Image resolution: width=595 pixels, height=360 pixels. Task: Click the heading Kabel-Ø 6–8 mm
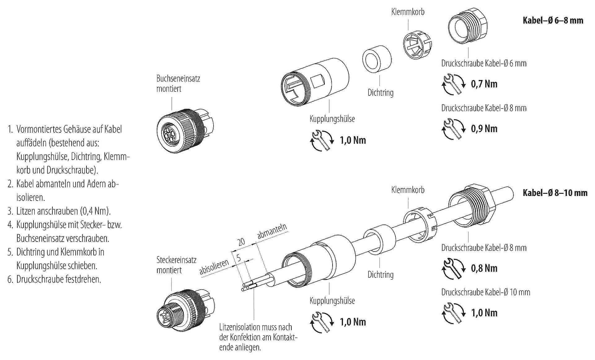(x=553, y=20)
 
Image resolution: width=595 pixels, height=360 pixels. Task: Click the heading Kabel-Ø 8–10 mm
(x=555, y=193)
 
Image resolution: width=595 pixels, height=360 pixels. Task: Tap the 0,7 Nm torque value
(x=484, y=84)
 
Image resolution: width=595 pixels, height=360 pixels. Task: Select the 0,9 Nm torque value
(x=484, y=129)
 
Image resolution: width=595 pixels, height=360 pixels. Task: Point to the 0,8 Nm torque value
(x=484, y=268)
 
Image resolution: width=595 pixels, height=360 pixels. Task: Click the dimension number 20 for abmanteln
(x=241, y=242)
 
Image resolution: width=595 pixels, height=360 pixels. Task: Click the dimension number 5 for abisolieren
(x=238, y=258)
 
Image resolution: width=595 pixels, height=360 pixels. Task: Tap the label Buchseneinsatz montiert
(x=178, y=83)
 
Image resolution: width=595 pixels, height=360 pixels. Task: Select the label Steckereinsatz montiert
(x=176, y=265)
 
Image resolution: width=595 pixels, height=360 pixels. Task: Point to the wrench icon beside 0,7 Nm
(x=453, y=84)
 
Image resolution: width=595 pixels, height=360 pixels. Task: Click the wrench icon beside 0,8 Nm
(x=453, y=269)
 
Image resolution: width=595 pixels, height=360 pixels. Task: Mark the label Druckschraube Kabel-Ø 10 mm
(x=486, y=292)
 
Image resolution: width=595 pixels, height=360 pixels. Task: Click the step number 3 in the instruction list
(x=10, y=211)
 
